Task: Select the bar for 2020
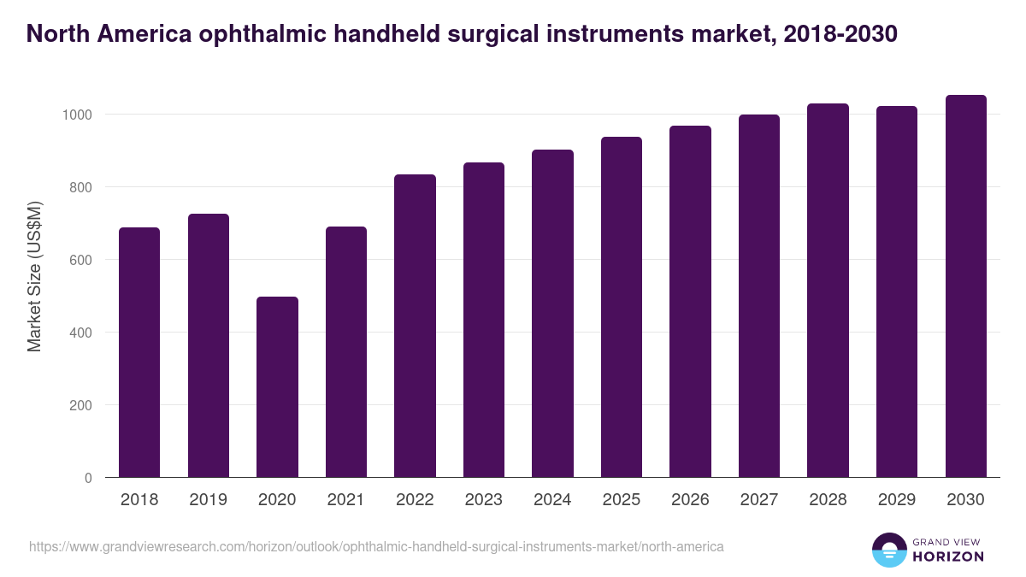tap(277, 386)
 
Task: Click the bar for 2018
tap(139, 352)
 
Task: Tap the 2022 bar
tap(415, 326)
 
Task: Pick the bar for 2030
tap(965, 286)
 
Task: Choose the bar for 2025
tap(622, 307)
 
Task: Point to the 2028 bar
tap(828, 291)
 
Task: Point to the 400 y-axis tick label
tap(80, 333)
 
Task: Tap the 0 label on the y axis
tap(89, 478)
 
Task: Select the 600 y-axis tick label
tap(80, 260)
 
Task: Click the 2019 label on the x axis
tap(209, 500)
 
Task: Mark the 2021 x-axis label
tap(346, 500)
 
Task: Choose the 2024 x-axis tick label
tap(552, 500)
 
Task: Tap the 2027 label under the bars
tap(759, 500)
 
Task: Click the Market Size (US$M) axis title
tap(35, 277)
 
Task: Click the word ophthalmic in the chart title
tap(256, 34)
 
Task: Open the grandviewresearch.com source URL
tap(376, 546)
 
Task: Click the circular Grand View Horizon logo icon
tap(888, 550)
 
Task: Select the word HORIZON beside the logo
tap(948, 556)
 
